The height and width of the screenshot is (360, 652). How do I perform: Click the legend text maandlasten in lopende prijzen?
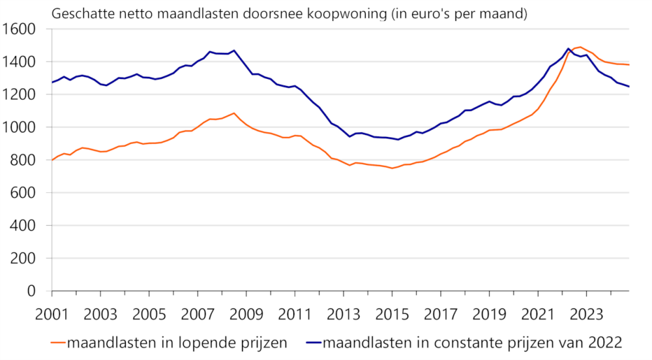coord(177,342)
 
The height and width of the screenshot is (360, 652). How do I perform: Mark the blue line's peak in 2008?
coord(234,50)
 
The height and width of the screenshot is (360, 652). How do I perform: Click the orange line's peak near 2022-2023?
coord(580,47)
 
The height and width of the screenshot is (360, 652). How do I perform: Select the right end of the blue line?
coord(629,86)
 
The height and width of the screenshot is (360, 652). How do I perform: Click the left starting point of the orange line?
coord(52,160)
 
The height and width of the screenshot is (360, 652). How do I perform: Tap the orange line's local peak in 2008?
coord(234,113)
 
